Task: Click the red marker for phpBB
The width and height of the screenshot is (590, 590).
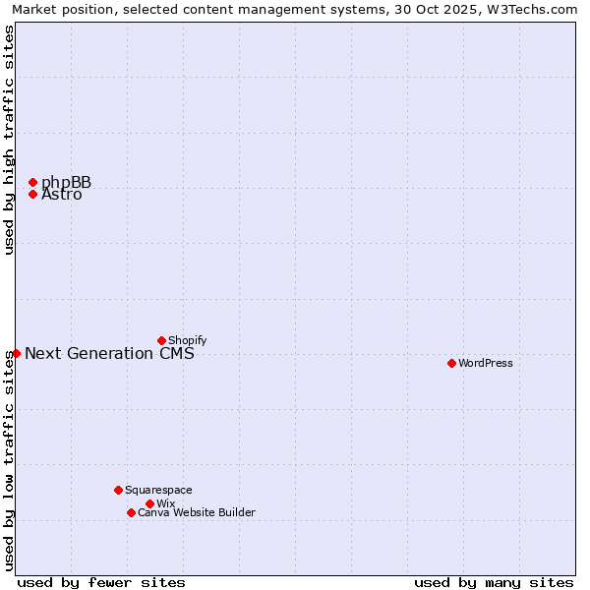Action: [x=32, y=182]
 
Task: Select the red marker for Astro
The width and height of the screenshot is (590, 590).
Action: [x=32, y=194]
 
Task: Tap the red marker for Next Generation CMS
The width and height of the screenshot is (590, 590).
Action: [x=16, y=353]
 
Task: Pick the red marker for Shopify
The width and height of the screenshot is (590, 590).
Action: [x=161, y=340]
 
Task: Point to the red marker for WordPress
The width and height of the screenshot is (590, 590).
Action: [x=451, y=363]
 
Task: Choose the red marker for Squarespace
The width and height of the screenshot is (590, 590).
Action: [x=118, y=490]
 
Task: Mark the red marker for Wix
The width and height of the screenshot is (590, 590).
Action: [x=149, y=503]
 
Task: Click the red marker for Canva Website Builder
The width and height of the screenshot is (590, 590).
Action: [x=131, y=512]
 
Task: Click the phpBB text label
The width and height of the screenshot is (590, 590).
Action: [x=66, y=182]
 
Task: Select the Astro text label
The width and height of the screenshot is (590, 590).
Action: [x=62, y=195]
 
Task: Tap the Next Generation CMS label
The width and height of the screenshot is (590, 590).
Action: [x=109, y=354]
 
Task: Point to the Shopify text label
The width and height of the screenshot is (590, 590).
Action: [x=187, y=340]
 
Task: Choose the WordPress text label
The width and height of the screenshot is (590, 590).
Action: [x=486, y=363]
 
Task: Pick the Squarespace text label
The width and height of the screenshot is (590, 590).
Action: [x=158, y=490]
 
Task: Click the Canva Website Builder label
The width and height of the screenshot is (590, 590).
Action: [x=197, y=512]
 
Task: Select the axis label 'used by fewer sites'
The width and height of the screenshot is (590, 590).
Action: [x=101, y=582]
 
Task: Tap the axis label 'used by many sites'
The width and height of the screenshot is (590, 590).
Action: [x=494, y=582]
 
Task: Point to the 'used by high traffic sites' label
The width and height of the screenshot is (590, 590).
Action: [x=9, y=140]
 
